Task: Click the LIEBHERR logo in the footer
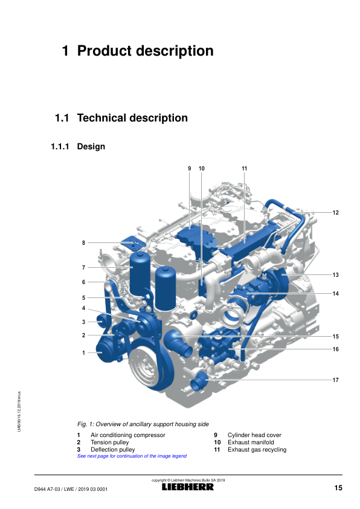[x=188, y=487]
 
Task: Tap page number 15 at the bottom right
[x=338, y=488]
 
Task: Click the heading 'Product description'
[x=146, y=51]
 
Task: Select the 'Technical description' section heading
[x=132, y=118]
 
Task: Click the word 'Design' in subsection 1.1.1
[x=91, y=146]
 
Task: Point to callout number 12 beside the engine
[x=335, y=213]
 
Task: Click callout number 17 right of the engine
[x=335, y=380]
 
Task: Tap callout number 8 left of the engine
[x=84, y=242]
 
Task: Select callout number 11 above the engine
[x=244, y=169]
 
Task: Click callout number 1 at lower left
[x=84, y=352]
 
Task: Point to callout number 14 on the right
[x=335, y=293]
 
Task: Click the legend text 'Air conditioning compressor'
[x=128, y=435]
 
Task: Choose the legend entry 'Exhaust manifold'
[x=251, y=442]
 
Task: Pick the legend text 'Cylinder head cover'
[x=254, y=435]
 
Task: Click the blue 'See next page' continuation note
[x=132, y=456]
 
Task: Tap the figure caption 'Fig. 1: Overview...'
[x=143, y=424]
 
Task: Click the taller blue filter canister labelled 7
[x=140, y=274]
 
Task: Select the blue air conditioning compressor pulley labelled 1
[x=104, y=350]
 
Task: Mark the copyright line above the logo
[x=188, y=480]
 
